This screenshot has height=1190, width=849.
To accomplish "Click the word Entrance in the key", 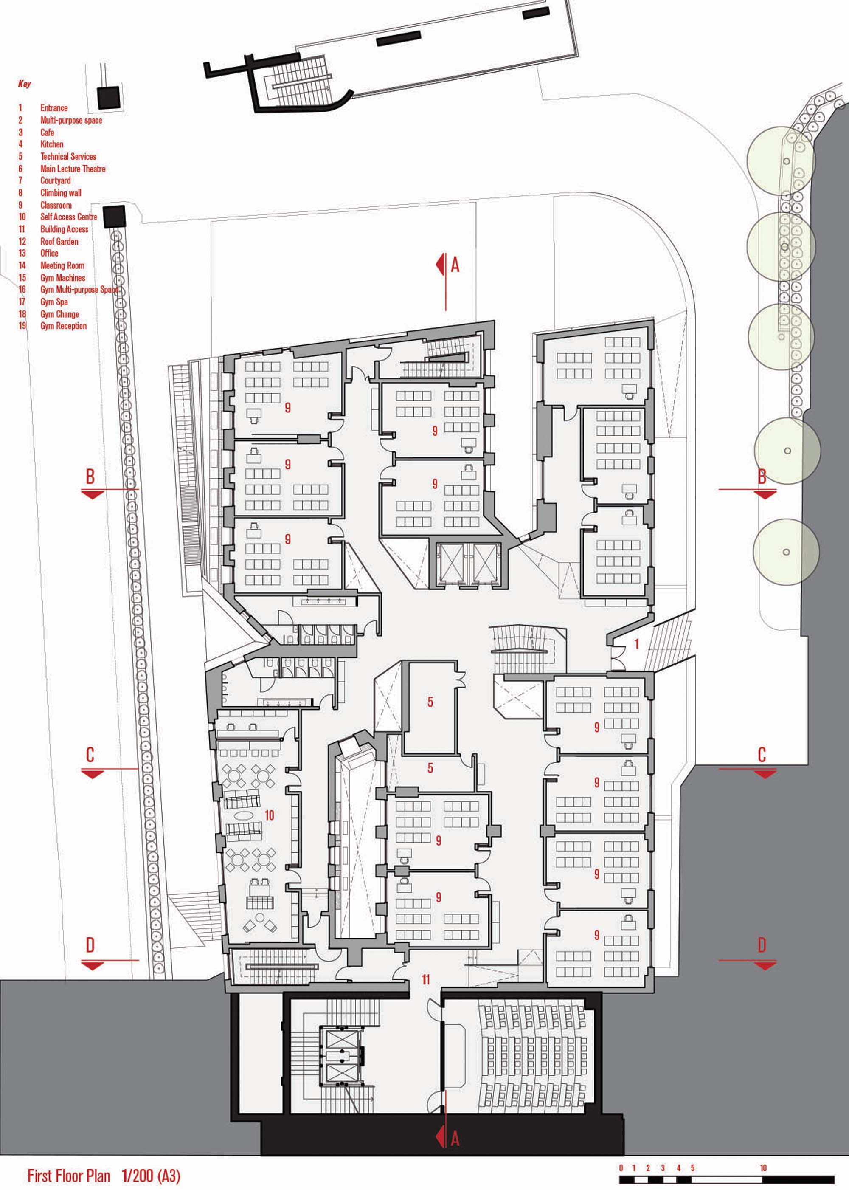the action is (54, 108).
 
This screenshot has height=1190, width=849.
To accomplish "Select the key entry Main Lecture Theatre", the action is (73, 169).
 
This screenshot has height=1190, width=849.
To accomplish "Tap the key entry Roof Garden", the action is (59, 242).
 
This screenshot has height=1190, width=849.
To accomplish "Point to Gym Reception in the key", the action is (63, 326).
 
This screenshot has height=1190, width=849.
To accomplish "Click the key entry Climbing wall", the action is (61, 193).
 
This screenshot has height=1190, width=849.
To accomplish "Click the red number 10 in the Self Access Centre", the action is (269, 815).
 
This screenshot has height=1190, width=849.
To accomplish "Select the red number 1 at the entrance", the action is (637, 644).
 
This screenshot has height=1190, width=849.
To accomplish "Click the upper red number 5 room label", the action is (430, 702).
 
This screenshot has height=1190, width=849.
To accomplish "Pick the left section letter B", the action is (90, 477).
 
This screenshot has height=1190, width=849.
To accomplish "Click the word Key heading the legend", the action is (25, 84).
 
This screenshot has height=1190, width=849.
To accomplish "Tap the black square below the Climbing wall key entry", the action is (115, 216).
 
